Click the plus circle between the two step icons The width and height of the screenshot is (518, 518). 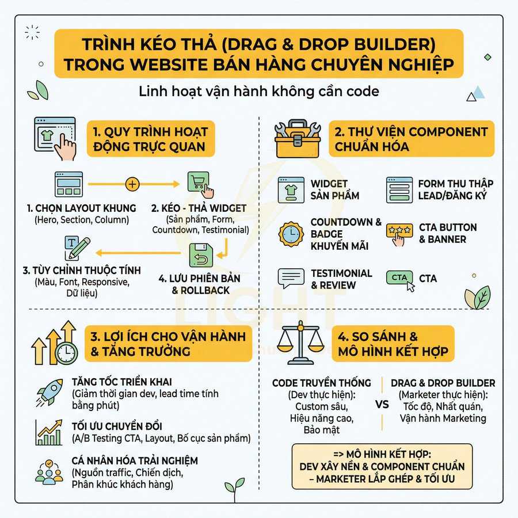[x=133, y=184]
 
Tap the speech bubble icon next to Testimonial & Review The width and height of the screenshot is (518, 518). [x=290, y=279]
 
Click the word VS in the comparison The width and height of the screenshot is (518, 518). [x=382, y=404]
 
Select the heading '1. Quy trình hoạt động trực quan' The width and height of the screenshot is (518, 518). [x=150, y=138]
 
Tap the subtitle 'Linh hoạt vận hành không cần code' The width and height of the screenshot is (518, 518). [x=258, y=92]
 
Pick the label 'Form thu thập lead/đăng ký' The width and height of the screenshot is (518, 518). [x=455, y=190]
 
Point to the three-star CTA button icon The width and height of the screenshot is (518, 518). [x=398, y=233]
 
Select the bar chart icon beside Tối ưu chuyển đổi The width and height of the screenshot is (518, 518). [x=49, y=432]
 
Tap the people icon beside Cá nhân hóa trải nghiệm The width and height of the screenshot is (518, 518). [x=49, y=471]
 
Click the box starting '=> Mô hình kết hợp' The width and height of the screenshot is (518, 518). [x=382, y=466]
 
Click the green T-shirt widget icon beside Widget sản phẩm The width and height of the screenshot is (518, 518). [x=290, y=188]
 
